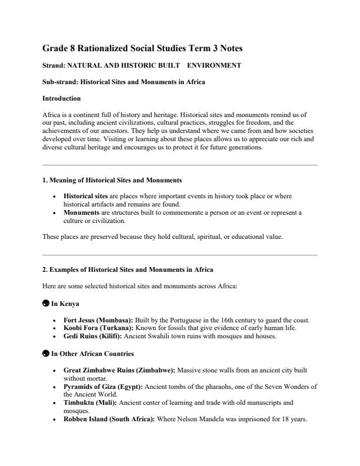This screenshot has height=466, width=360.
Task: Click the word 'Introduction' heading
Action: [x=62, y=98]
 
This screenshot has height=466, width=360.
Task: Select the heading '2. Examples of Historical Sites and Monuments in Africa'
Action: [x=128, y=269]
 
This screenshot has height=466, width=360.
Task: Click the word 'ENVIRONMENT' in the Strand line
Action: [x=214, y=65]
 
